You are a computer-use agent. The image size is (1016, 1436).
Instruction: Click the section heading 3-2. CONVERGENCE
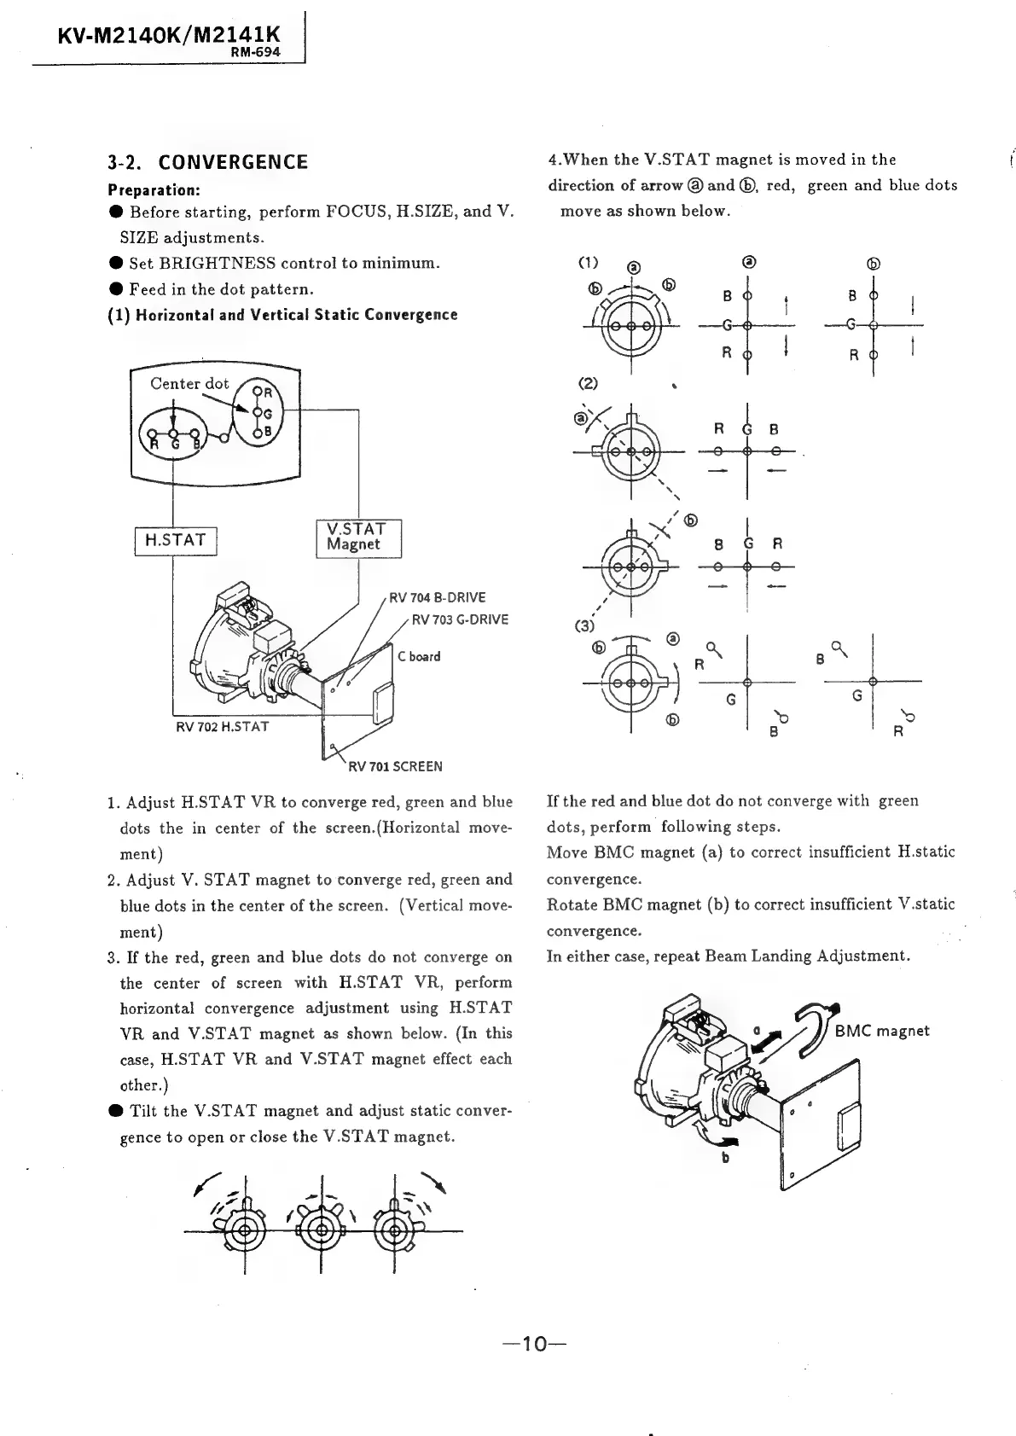coord(207,162)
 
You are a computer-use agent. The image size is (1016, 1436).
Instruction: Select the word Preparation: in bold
coord(154,189)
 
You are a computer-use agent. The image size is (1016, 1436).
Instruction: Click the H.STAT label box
coord(176,540)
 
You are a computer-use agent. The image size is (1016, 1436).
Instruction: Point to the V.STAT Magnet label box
coord(357,537)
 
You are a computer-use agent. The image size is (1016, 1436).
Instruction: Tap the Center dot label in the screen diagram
coord(189,384)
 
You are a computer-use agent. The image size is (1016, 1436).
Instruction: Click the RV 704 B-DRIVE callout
coord(437,597)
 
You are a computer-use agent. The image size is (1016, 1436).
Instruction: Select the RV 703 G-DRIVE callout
coord(460,619)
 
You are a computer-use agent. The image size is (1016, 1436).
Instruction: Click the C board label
coord(419,656)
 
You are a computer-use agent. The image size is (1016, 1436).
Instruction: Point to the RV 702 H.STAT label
coord(222,727)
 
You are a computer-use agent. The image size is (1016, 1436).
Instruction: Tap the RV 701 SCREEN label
coord(395,766)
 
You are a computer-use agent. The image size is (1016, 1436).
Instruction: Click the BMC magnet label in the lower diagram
coord(881,1031)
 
